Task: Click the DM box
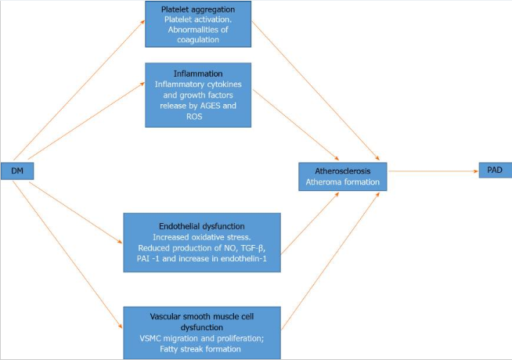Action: pos(17,171)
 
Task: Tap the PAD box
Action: pos(495,170)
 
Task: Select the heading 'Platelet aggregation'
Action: pos(198,9)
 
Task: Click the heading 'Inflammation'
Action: pos(198,74)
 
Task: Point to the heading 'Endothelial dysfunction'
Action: pos(202,226)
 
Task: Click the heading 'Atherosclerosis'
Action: pos(343,171)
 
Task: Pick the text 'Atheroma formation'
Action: pos(343,182)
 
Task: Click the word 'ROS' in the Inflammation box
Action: pos(194,117)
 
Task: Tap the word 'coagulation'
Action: pos(198,40)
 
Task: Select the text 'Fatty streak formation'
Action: pos(200,349)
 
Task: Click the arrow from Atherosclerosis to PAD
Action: pos(433,171)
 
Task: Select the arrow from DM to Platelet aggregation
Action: pos(79,90)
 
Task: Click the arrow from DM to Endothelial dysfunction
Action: pos(75,212)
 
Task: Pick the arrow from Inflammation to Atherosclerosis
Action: pos(296,125)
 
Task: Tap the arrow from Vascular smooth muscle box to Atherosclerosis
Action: pos(330,261)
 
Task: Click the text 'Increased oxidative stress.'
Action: pos(202,237)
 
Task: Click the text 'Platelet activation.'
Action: pos(198,20)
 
